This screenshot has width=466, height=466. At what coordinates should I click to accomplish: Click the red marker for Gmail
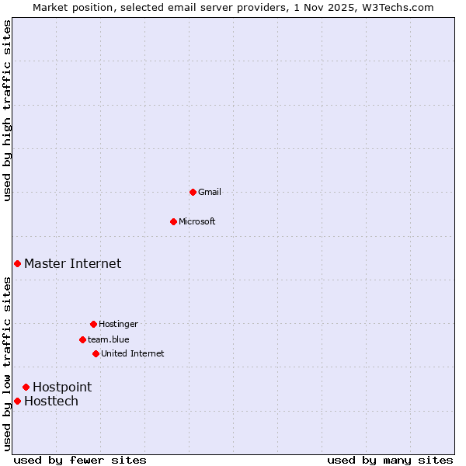(x=193, y=192)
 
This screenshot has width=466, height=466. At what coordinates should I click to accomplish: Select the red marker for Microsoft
(x=173, y=221)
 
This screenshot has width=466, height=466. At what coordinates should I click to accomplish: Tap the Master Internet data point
(x=17, y=264)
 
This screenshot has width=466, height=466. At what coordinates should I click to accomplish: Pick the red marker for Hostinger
(x=93, y=324)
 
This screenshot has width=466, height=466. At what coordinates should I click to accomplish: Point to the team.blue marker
(x=82, y=339)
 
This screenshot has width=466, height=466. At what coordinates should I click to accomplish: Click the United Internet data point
(x=96, y=353)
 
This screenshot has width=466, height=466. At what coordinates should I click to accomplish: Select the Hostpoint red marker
(x=26, y=387)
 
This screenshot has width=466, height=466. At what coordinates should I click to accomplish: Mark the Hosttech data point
(x=17, y=401)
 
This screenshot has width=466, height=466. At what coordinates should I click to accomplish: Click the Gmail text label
(x=210, y=192)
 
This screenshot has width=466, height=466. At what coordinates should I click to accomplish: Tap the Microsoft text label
(x=197, y=221)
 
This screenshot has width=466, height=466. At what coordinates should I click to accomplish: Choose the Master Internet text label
(x=72, y=264)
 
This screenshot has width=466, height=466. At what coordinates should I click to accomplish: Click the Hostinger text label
(x=118, y=324)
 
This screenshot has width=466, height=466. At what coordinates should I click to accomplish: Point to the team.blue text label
(x=109, y=339)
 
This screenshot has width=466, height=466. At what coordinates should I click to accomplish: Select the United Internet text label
(x=133, y=353)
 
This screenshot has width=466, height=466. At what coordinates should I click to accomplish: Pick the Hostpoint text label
(x=62, y=387)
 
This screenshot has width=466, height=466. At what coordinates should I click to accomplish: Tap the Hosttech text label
(x=51, y=401)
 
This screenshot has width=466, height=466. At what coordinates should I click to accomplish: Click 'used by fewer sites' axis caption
(x=81, y=460)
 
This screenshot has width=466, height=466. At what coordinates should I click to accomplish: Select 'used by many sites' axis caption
(x=390, y=460)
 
